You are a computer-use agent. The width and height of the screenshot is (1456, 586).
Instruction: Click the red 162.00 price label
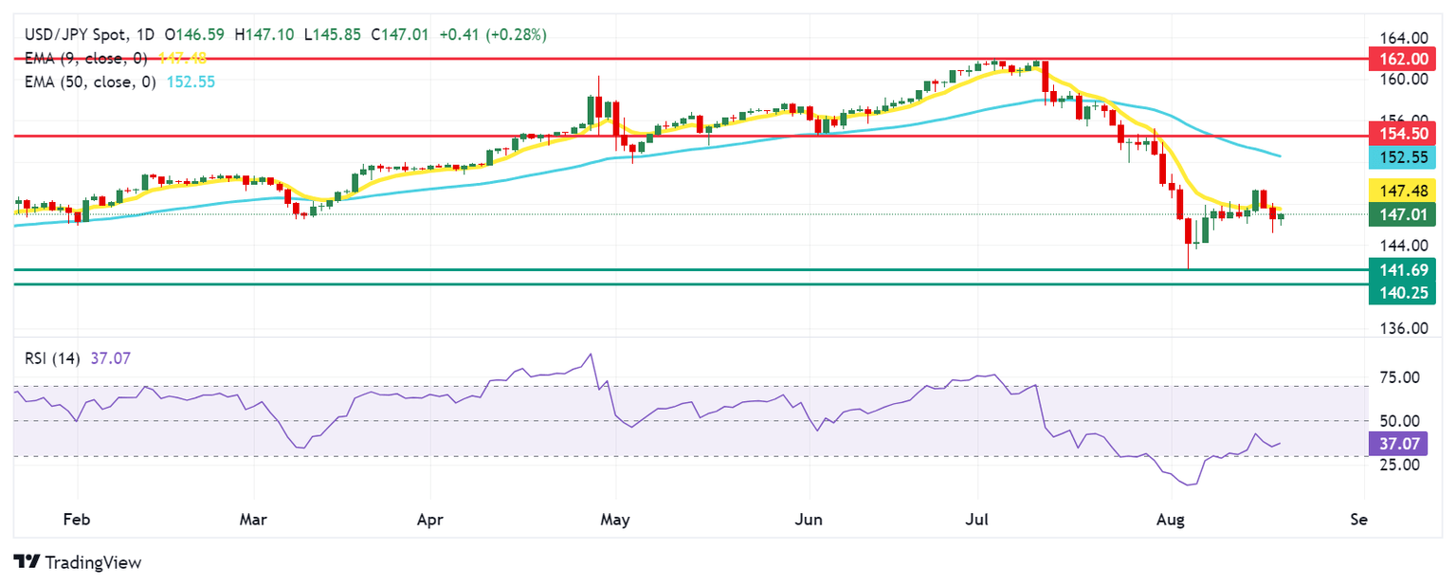[x=1402, y=59]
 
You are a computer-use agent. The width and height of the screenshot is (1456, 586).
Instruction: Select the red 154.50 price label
[x=1402, y=136]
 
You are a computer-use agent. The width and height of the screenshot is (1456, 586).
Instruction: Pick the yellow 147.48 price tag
[x=1402, y=191]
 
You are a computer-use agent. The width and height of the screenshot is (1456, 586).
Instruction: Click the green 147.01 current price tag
[x=1402, y=214]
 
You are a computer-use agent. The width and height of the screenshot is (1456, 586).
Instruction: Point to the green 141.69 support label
[x=1402, y=269]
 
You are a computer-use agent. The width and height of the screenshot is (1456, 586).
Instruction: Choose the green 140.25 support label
[x=1402, y=293]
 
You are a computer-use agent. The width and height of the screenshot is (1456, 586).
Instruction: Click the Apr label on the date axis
[x=430, y=520]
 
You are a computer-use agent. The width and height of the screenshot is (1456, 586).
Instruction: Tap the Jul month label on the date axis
[x=977, y=520]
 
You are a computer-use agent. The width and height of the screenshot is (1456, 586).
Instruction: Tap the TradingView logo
[x=78, y=562]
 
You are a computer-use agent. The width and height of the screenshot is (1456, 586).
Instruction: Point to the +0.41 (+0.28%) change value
[x=494, y=35]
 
